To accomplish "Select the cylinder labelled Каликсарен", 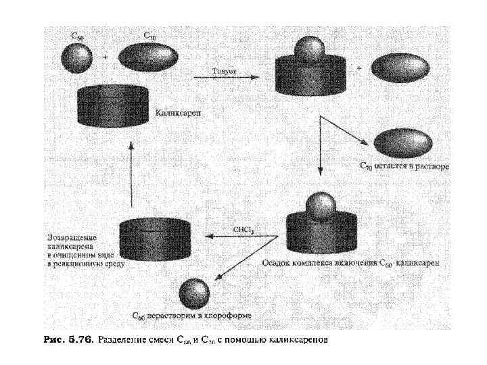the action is click(x=113, y=105).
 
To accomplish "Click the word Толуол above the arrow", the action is click(x=225, y=70).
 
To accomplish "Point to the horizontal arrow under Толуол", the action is click(x=226, y=77).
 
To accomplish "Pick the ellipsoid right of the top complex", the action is click(x=400, y=69).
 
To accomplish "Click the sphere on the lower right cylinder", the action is click(x=321, y=205).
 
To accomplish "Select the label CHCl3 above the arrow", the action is click(x=243, y=230).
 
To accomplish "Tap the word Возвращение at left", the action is click(x=72, y=238).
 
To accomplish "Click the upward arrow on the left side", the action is click(x=132, y=172).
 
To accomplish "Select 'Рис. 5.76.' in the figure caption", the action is click(x=68, y=338).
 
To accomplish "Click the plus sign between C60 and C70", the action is click(x=105, y=58).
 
